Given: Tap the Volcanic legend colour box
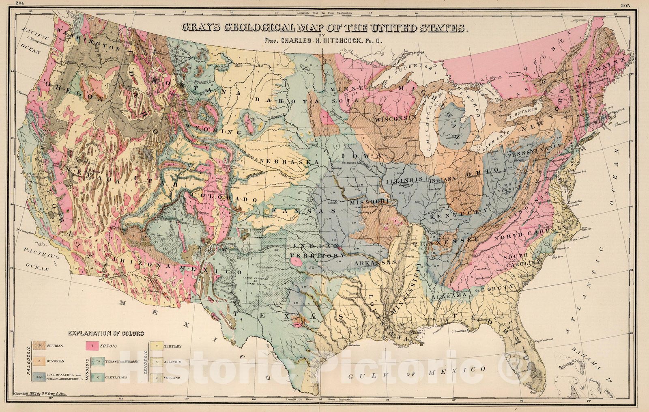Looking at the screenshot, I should [156, 377].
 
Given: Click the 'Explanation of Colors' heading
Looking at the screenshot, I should [106, 334].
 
